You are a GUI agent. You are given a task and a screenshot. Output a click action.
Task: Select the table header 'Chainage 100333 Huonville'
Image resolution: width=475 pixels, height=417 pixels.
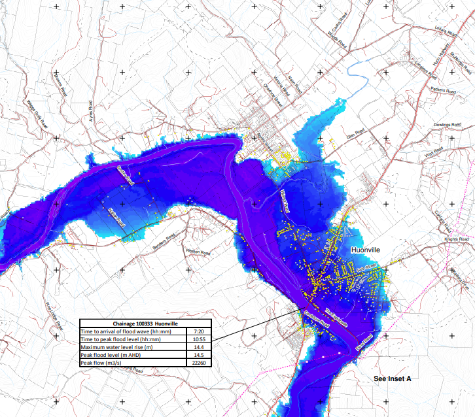[145, 324]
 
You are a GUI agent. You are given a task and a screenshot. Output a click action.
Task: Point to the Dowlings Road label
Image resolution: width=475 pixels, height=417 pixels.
[447, 124]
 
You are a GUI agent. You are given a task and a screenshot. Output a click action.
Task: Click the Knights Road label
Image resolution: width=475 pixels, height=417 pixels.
[456, 240]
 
